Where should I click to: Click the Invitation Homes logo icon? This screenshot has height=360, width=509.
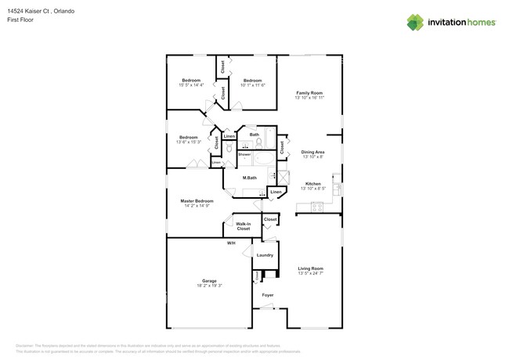click(x=415, y=22)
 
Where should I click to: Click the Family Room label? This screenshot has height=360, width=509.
click(x=309, y=93)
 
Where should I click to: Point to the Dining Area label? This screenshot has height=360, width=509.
click(x=313, y=152)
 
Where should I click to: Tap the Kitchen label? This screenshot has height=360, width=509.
click(x=313, y=184)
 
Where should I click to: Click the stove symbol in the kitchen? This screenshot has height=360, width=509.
click(x=318, y=207)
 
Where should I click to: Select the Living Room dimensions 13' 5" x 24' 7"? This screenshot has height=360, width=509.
click(x=310, y=273)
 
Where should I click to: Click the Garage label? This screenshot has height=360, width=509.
click(x=209, y=280)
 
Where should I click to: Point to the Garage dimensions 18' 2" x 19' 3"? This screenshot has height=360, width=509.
click(x=209, y=286)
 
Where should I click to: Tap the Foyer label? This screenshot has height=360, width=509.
click(x=267, y=295)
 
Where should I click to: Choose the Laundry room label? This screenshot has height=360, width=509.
click(x=265, y=255)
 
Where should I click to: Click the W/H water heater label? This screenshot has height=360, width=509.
click(x=231, y=243)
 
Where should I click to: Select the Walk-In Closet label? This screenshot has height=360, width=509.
click(x=244, y=226)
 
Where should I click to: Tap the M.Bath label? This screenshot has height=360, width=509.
click(x=249, y=178)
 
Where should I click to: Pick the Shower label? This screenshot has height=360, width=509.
click(x=244, y=154)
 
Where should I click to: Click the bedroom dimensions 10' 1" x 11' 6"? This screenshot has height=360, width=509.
click(x=252, y=85)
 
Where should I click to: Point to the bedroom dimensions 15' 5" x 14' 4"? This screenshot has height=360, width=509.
click(x=192, y=85)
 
